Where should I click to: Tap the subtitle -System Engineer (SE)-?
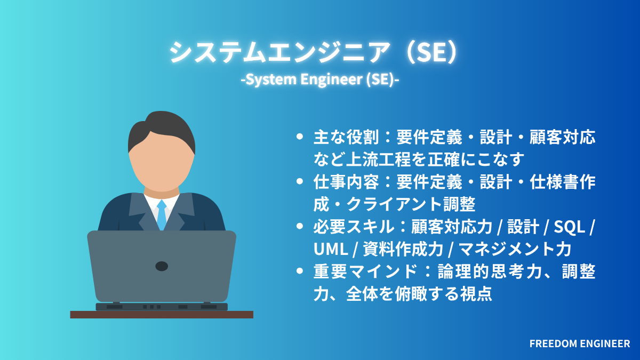320,81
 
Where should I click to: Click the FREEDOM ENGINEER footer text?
580,344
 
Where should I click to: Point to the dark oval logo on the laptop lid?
162,266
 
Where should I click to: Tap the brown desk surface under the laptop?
162,315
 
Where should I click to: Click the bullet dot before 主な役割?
300,138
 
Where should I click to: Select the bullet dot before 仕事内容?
300,182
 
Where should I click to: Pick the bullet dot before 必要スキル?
300,227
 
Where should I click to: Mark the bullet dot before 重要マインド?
300,271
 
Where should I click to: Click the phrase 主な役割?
345,138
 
